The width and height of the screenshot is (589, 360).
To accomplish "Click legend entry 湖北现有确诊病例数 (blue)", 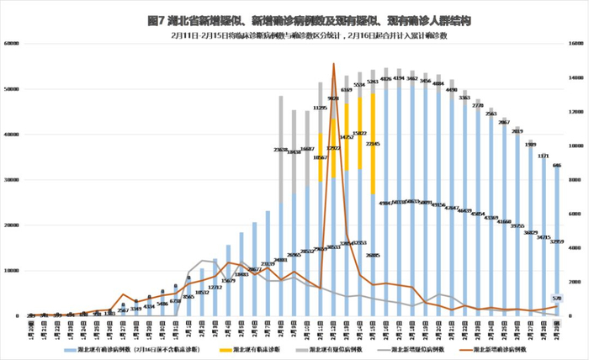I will [x=135, y=347].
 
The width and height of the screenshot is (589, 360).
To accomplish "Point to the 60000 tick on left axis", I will [x=11, y=44].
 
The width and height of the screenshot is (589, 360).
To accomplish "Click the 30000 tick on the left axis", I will [x=11, y=180].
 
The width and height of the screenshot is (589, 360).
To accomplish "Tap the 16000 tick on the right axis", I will [x=577, y=44].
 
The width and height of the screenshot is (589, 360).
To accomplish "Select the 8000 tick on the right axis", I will [x=577, y=180].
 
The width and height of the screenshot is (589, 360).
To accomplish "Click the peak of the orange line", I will [x=334, y=64].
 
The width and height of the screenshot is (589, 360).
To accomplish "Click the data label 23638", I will [x=281, y=150].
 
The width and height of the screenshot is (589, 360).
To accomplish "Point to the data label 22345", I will [x=373, y=144].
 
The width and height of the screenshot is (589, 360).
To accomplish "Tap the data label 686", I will [x=557, y=166].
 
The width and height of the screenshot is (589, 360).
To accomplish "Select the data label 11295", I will [x=321, y=108].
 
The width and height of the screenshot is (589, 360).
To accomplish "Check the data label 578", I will [x=556, y=299].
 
